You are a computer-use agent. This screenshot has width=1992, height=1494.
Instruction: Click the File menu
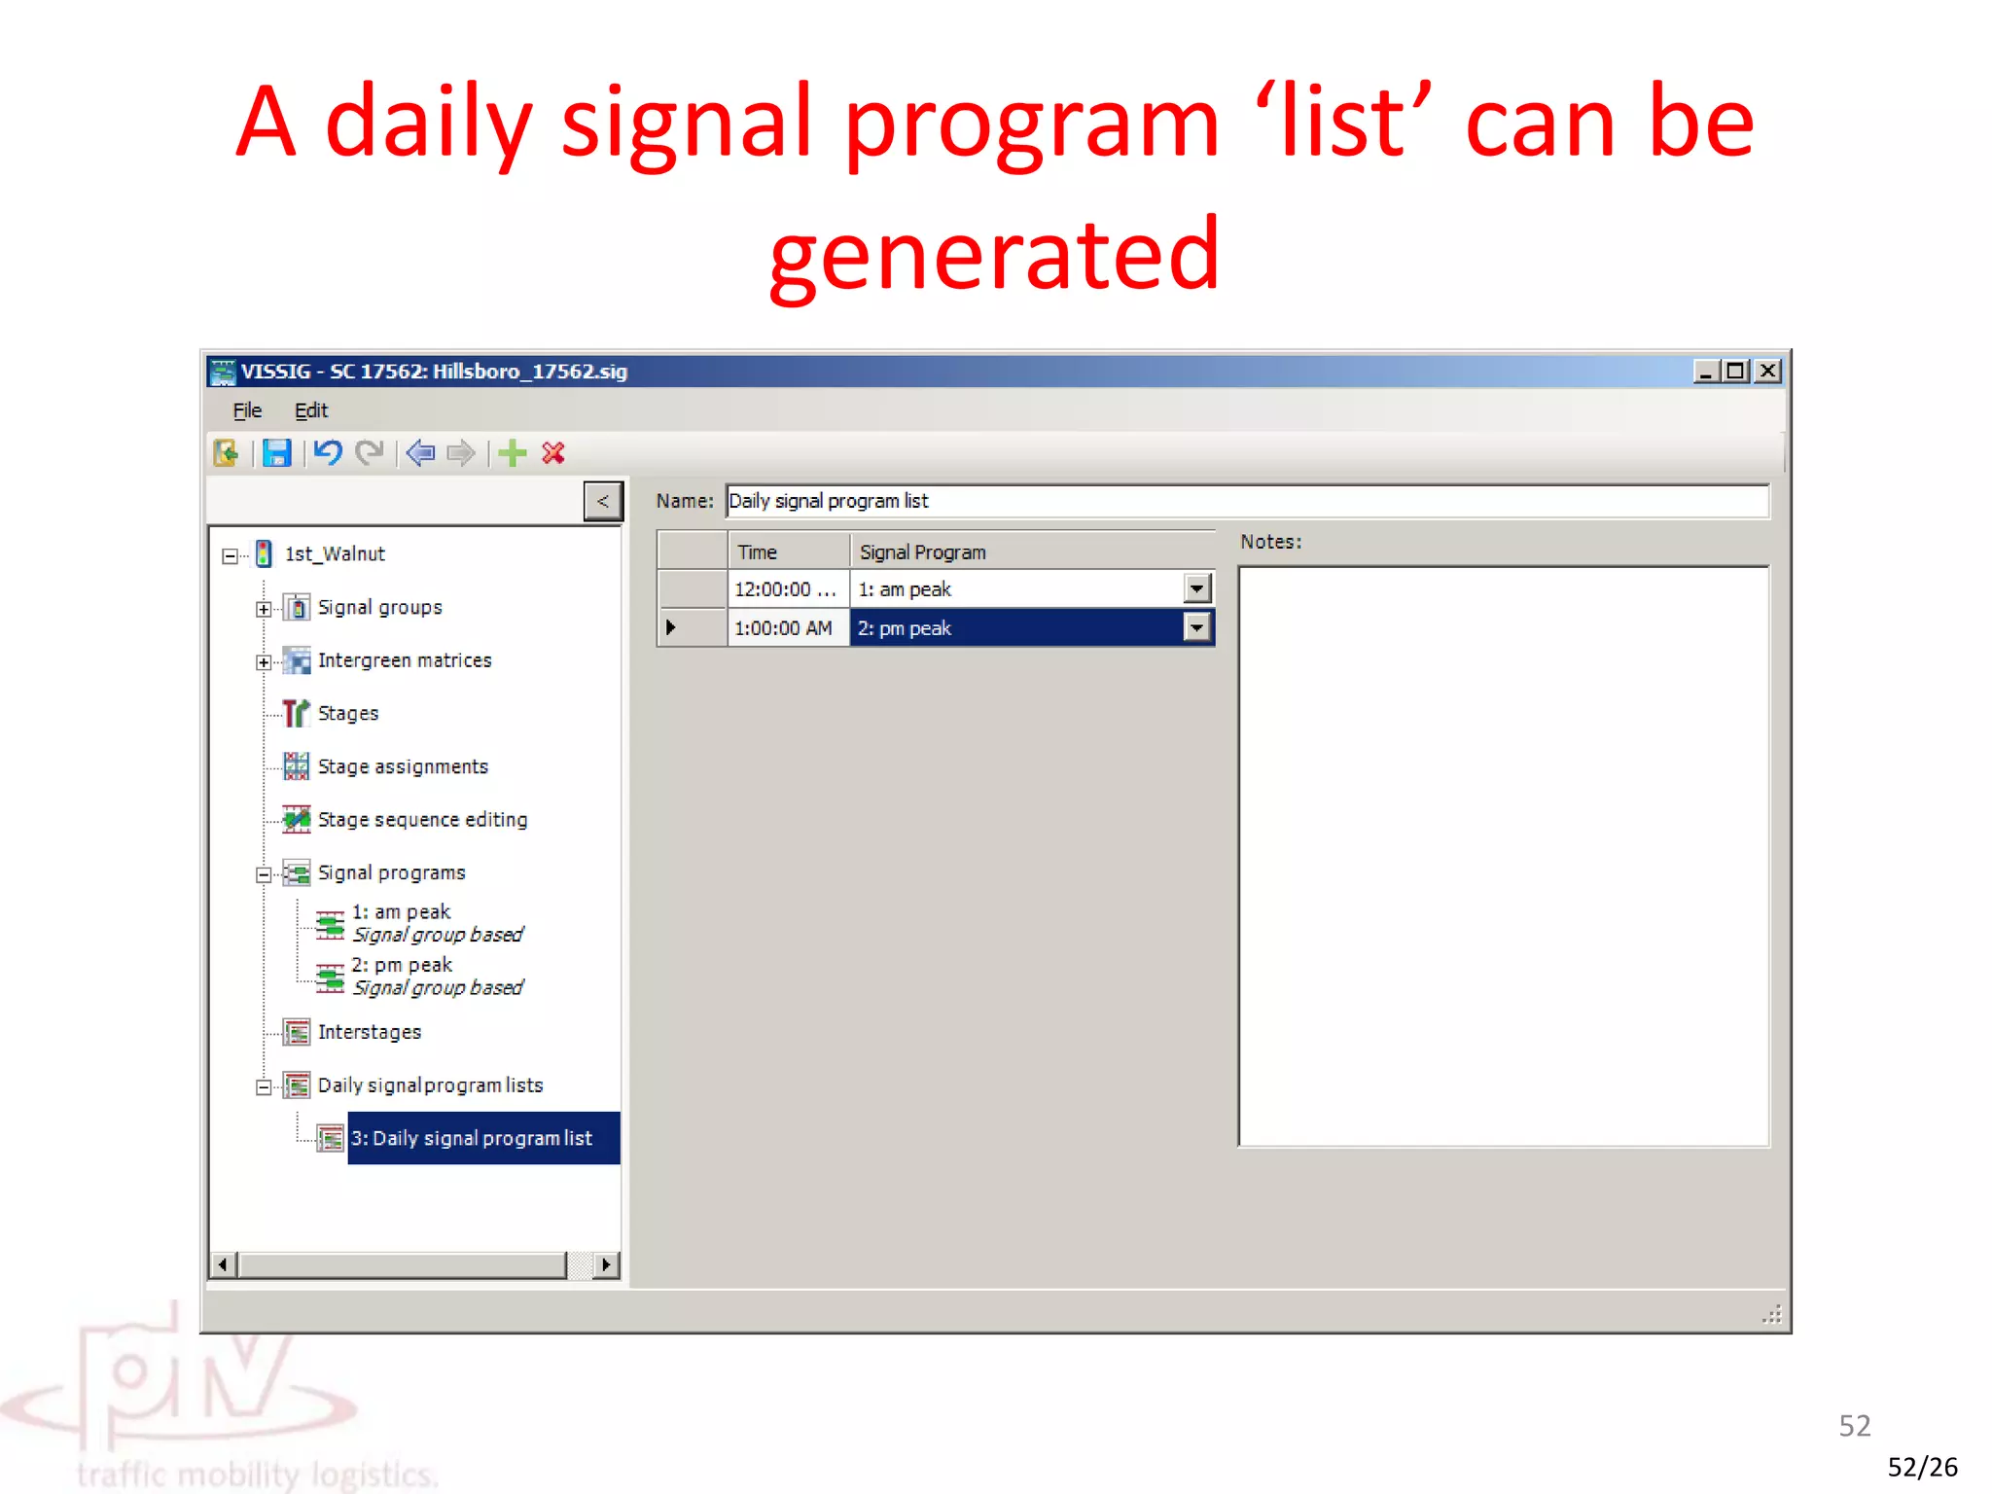[x=247, y=410]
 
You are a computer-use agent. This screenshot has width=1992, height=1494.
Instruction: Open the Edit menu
[x=310, y=410]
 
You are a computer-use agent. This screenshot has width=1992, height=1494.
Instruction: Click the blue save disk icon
[x=277, y=453]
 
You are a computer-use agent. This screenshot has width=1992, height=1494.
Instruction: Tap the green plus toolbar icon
[x=512, y=453]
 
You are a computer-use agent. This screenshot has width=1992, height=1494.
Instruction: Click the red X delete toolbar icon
[x=553, y=453]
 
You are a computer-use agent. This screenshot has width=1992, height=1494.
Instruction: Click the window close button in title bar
[x=1768, y=371]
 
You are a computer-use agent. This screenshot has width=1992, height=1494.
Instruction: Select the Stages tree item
[x=347, y=713]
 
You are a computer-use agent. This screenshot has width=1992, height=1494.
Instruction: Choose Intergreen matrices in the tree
[x=404, y=660]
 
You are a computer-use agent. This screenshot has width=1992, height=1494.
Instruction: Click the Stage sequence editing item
[x=421, y=820]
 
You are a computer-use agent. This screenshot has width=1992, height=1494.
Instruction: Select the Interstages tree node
[x=369, y=1032]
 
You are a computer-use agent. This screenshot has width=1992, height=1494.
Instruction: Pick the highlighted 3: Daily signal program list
[x=472, y=1138]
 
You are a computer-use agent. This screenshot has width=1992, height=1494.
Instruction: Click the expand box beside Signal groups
[x=264, y=609]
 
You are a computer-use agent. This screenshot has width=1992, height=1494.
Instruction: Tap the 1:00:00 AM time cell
[x=784, y=628]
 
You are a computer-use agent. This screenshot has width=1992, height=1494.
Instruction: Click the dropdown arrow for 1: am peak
[x=1197, y=588]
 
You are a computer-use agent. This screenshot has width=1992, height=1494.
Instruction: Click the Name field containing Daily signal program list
[x=1245, y=501]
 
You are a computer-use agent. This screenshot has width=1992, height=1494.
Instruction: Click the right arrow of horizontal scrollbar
[x=606, y=1264]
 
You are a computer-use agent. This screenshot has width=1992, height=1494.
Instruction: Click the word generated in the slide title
[x=994, y=255]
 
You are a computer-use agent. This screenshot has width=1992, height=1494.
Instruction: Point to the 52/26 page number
[x=1922, y=1467]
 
